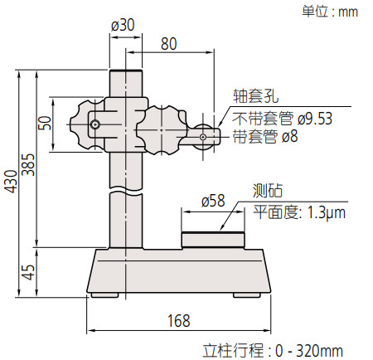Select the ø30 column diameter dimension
point(122,26)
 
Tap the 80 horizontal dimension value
point(169,44)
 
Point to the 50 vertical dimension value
point(44,123)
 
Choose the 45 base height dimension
point(28,271)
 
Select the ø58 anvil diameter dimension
point(213,201)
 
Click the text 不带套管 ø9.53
point(283,119)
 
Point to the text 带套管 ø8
point(265,135)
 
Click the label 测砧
point(266,192)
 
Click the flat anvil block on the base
point(213,240)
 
